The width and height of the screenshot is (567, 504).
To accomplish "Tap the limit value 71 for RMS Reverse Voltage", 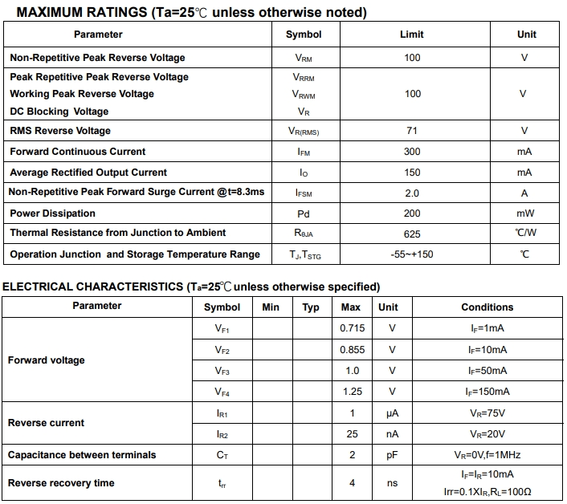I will [412, 131].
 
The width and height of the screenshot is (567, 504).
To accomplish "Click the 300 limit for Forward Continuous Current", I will [412, 152].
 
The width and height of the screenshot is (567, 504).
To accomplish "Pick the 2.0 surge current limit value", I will [412, 193].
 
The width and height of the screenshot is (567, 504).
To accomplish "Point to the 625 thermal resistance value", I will [412, 234].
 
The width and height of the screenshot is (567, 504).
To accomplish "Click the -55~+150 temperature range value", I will [411, 254].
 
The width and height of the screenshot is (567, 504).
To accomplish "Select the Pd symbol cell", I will [304, 213].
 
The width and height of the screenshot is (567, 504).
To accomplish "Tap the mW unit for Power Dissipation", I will [524, 213].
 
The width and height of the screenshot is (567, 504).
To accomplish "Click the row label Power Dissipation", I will [52, 213].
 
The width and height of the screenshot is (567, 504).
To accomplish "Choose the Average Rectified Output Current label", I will [88, 173].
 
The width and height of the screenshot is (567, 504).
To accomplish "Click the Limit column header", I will [412, 35].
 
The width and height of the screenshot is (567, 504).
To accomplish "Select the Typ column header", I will [311, 307].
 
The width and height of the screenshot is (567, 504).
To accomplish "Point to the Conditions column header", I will [487, 307].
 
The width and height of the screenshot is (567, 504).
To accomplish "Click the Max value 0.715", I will [352, 328].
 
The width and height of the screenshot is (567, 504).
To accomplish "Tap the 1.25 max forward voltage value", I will [352, 392].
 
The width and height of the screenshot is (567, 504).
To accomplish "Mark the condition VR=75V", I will [487, 413].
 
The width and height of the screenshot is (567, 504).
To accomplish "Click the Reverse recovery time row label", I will [61, 483].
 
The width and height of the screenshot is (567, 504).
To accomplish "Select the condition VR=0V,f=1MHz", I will [487, 455].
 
